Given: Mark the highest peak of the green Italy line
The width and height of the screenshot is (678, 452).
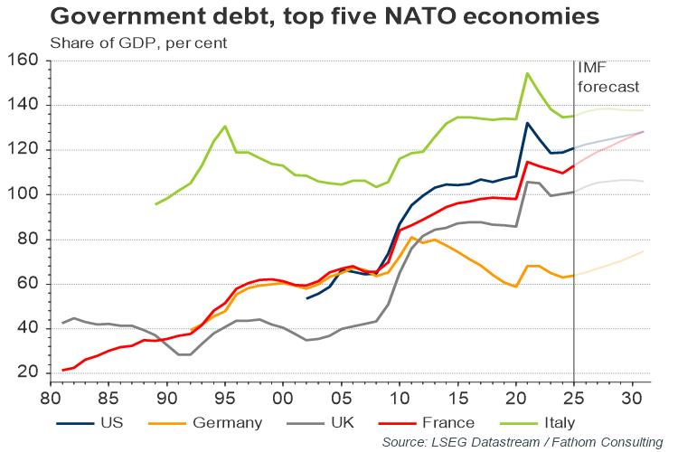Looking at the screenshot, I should tap(528, 73).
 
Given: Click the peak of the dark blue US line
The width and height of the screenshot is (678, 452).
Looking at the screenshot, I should tap(528, 123).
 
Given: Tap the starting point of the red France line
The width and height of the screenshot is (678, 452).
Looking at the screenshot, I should tap(62, 370).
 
